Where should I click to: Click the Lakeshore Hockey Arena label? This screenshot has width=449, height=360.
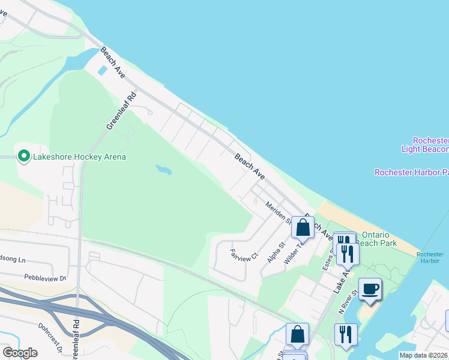[79, 157]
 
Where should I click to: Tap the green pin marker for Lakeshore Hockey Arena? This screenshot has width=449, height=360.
[24, 157]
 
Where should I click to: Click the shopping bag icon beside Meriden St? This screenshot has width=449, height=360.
[303, 227]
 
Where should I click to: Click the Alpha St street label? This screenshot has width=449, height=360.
[276, 253]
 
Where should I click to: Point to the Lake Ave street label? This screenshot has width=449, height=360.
[342, 280]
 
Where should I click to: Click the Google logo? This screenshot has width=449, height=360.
[20, 353]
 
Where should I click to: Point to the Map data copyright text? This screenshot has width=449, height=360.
[423, 355]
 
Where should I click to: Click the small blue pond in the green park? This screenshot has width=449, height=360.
[163, 170]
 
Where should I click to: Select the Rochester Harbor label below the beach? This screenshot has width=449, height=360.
[430, 257]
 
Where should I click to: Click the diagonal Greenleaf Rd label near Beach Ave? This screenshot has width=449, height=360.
[122, 110]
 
